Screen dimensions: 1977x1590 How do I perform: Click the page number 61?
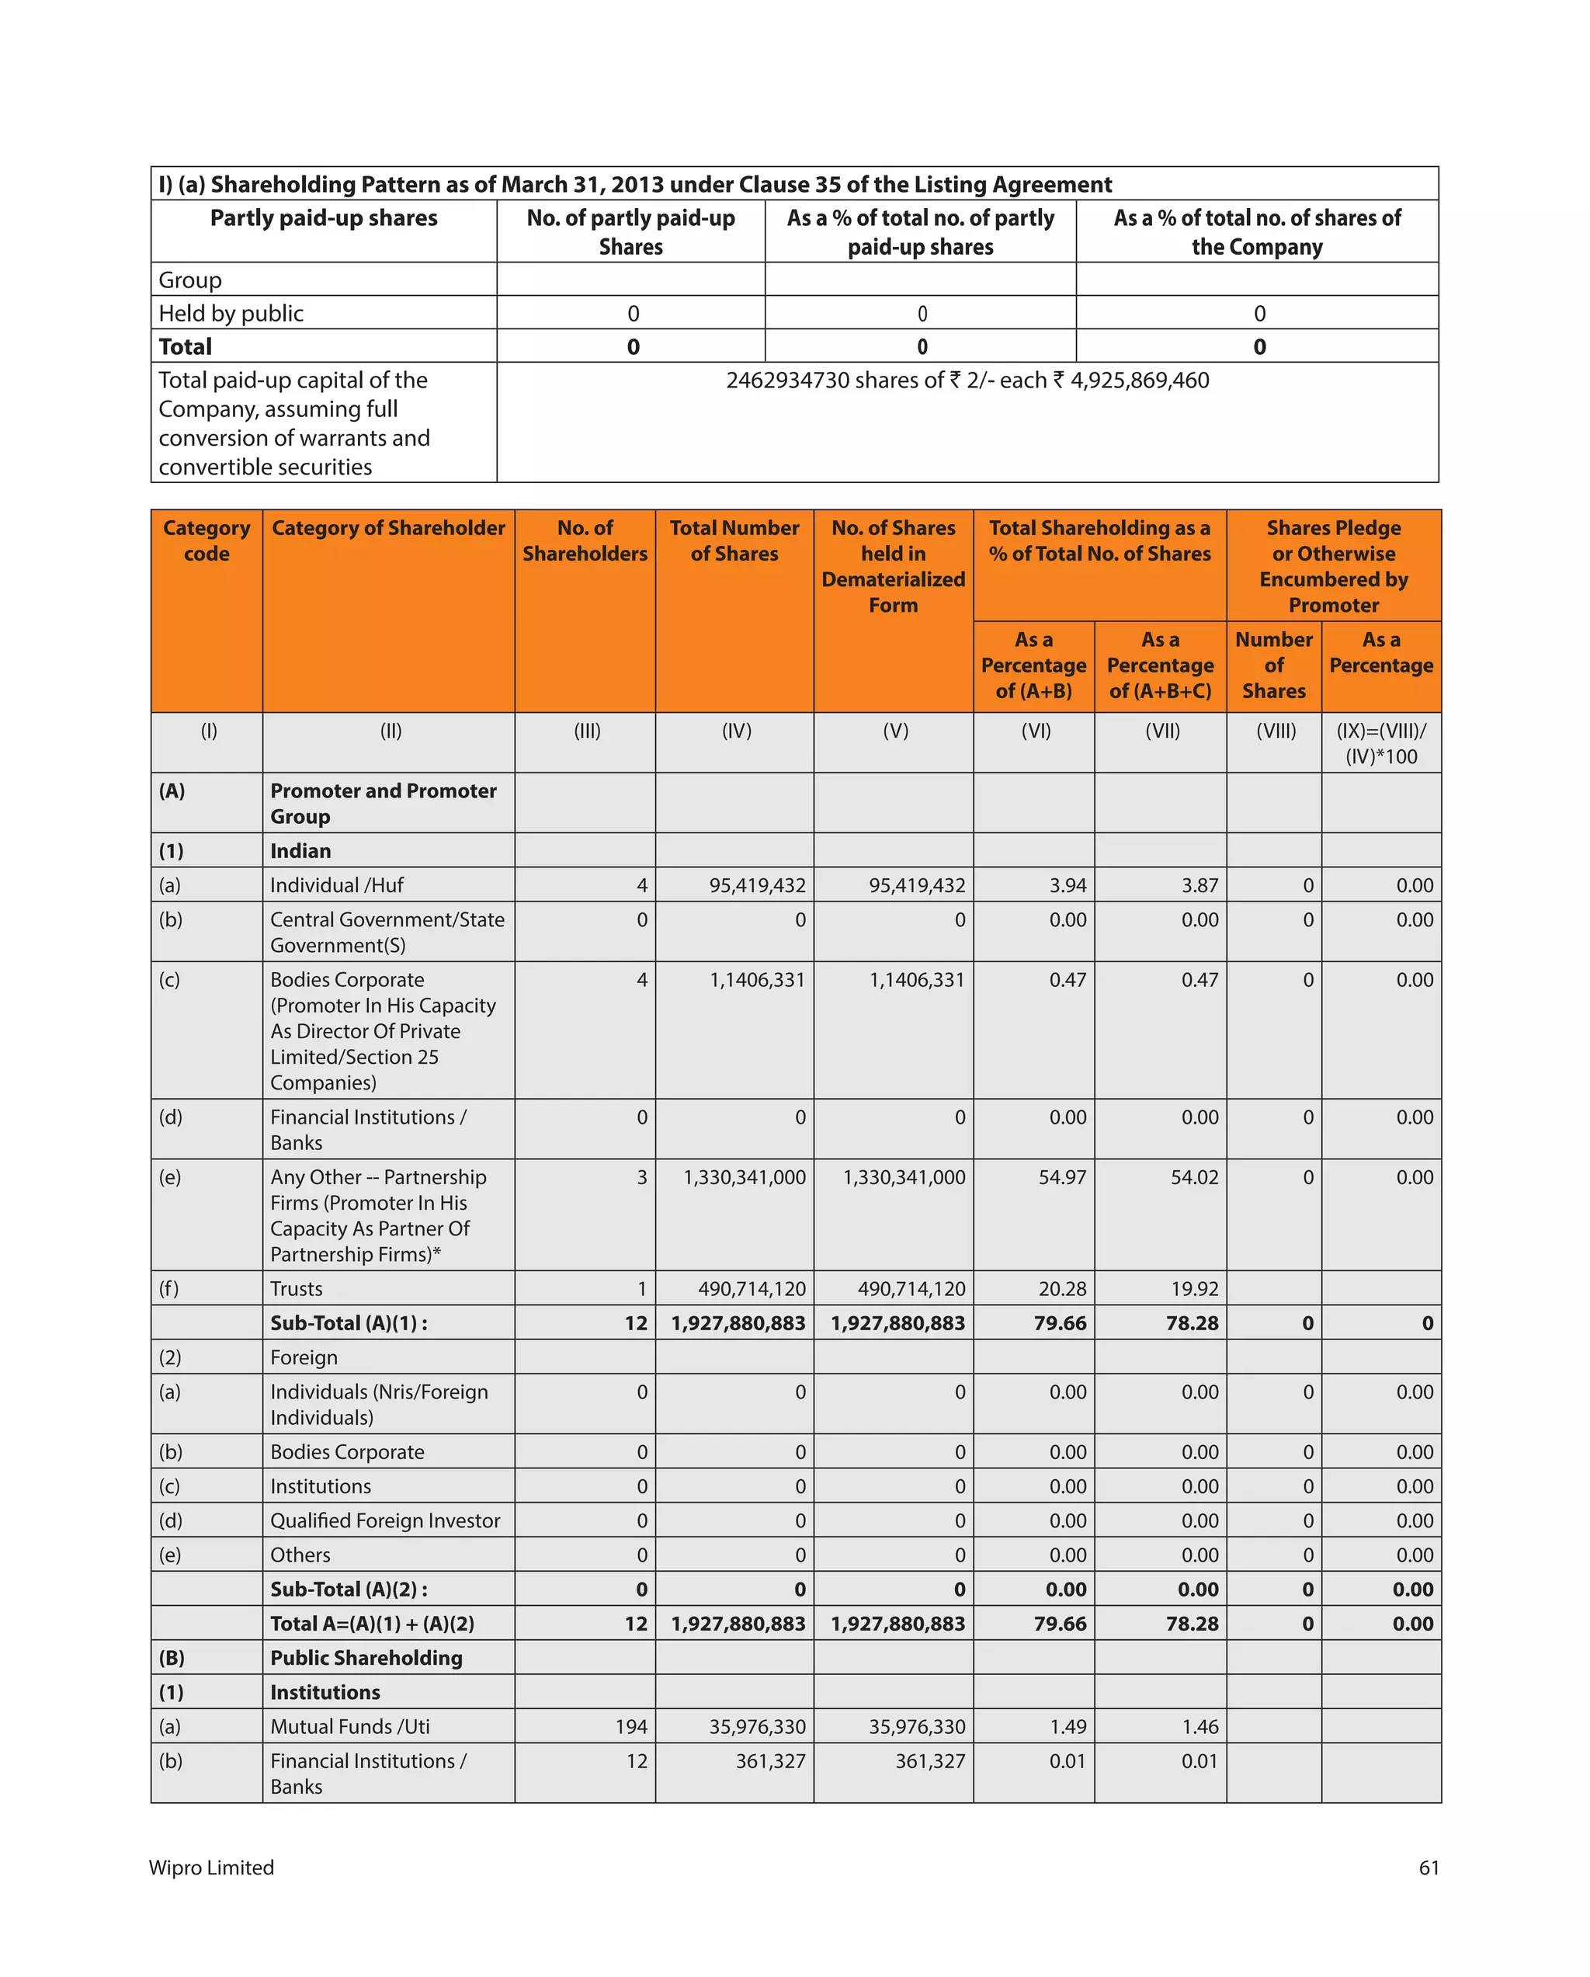click(1427, 1868)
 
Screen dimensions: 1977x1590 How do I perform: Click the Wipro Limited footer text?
click(211, 1868)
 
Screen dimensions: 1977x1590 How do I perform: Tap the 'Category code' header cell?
click(207, 541)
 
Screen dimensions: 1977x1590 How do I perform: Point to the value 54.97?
click(1061, 1177)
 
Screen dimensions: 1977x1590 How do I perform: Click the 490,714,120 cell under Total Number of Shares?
click(751, 1288)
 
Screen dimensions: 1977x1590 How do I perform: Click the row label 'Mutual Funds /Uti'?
click(349, 1727)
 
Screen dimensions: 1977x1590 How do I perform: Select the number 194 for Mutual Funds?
click(631, 1727)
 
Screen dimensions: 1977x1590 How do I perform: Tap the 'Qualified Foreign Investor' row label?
click(385, 1520)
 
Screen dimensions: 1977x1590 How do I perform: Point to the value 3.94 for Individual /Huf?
click(1068, 886)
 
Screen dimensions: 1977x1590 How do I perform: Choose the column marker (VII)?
click(1161, 731)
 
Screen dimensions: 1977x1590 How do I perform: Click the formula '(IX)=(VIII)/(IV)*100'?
click(1380, 744)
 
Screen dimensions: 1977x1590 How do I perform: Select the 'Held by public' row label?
click(231, 314)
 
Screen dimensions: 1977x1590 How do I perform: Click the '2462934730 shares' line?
click(967, 380)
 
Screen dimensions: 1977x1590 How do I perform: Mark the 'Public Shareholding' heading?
click(366, 1658)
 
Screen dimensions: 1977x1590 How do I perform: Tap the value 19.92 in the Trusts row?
click(1194, 1288)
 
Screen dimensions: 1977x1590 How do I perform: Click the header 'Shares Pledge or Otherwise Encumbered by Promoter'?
click(1332, 566)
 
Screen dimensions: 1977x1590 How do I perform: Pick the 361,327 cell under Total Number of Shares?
click(769, 1760)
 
